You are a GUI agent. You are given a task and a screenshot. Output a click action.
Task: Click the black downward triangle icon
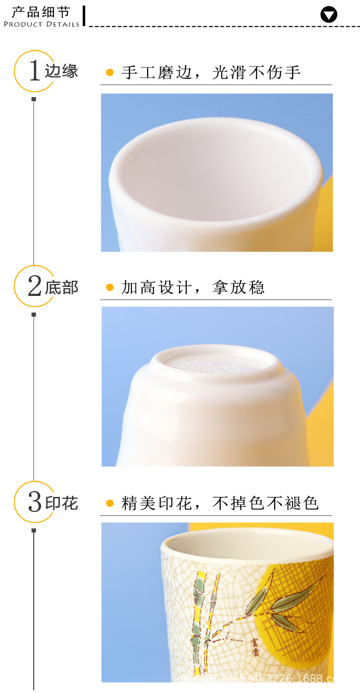click(329, 15)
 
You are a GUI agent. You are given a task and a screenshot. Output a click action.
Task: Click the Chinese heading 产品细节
click(41, 11)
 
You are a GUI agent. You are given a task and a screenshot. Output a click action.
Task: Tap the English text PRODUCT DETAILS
click(41, 24)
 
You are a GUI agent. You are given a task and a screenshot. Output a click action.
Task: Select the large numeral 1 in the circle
click(35, 71)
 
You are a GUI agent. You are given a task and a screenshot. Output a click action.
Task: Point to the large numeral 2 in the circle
click(35, 286)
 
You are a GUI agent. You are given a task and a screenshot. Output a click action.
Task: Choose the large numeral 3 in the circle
click(35, 502)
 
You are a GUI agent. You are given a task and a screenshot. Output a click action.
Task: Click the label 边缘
click(62, 71)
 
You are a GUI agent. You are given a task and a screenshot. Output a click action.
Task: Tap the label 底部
click(62, 287)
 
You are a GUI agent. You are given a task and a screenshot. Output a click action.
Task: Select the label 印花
click(62, 503)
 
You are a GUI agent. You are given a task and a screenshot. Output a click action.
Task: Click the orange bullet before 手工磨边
click(110, 72)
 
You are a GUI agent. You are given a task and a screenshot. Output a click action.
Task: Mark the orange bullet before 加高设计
click(110, 287)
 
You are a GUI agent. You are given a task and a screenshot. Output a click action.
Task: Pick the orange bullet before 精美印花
click(110, 503)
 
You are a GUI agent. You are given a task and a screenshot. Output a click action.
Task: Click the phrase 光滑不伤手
click(256, 72)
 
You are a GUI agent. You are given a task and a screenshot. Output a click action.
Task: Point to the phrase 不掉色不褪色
click(265, 503)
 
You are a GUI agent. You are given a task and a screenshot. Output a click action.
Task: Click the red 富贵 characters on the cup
click(255, 648)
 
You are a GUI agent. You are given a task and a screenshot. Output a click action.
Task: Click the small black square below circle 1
click(34, 99)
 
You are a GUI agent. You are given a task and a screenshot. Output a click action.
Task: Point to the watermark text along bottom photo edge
click(256, 677)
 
